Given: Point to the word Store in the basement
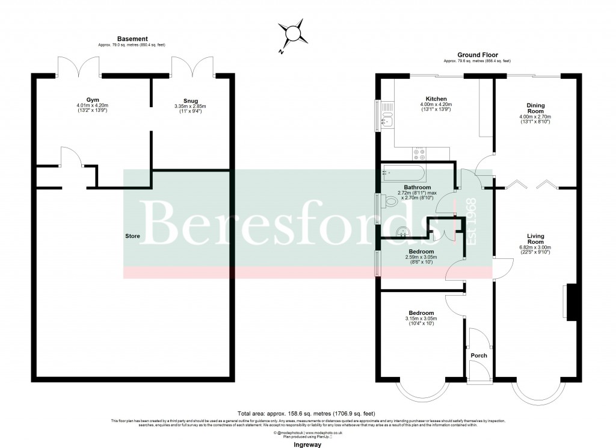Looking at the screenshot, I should click(x=133, y=236).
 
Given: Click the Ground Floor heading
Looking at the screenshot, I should click(x=478, y=55).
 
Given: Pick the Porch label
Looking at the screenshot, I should click(x=479, y=355).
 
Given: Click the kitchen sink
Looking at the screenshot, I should click(x=387, y=119).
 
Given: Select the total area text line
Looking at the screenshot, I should click(x=306, y=414).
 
